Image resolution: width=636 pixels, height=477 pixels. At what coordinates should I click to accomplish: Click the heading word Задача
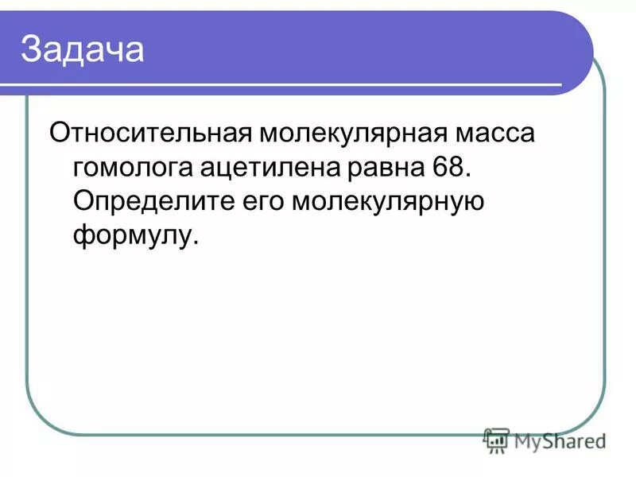tap(83, 49)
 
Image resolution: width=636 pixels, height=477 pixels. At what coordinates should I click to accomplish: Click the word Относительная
tap(147, 133)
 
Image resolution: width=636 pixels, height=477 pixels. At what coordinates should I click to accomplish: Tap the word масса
tap(494, 133)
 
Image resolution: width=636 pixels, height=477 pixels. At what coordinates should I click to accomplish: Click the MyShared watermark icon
tap(497, 439)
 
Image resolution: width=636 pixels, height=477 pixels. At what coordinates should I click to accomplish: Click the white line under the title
tap(286, 84)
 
